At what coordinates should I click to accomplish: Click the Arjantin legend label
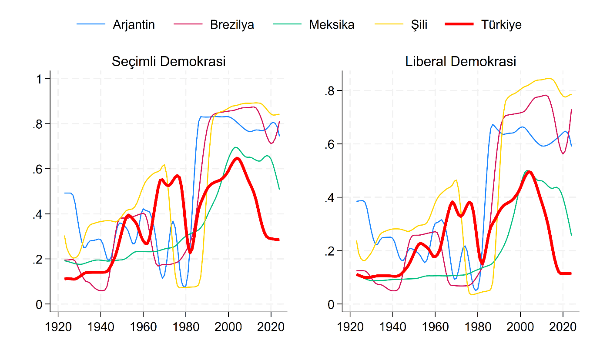134,25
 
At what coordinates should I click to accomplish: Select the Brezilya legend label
232,25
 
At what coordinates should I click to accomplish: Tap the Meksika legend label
332,25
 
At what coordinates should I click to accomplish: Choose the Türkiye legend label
501,25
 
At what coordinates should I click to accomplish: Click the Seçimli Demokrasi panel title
169,61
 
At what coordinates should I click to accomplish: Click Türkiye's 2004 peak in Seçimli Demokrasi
237,158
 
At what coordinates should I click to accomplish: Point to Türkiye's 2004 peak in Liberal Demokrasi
529,172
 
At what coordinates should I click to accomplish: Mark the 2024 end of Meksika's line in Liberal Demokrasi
571,235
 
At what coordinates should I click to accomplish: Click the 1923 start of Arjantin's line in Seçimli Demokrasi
65,193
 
